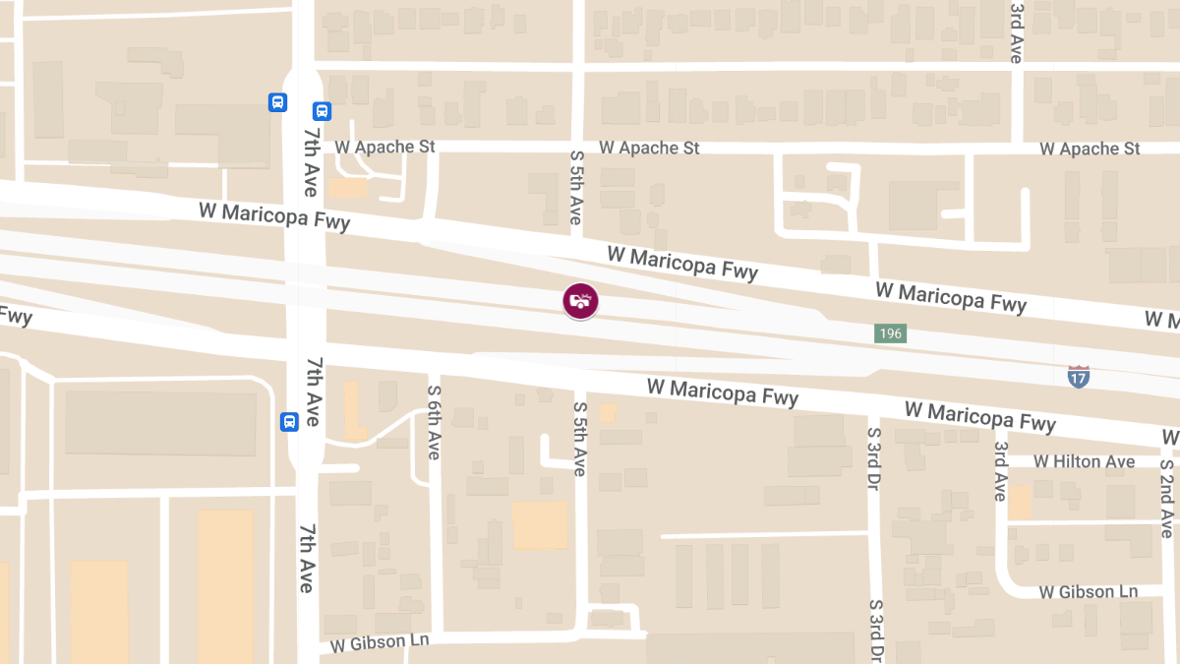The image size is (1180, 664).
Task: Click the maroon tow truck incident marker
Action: [x=580, y=301]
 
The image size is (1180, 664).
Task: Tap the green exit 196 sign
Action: [x=890, y=334]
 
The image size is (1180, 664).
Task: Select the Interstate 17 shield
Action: [x=1079, y=376]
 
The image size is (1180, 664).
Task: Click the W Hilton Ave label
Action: [x=1086, y=461]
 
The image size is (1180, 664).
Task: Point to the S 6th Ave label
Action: [x=434, y=422]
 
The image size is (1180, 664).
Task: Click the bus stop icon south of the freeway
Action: [x=289, y=421]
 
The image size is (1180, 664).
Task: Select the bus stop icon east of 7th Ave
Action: [x=322, y=112]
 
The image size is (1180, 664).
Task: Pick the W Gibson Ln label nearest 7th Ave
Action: [x=380, y=642]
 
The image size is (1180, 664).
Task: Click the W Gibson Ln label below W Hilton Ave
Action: [x=1089, y=592]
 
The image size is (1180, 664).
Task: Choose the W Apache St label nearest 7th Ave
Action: [x=384, y=147]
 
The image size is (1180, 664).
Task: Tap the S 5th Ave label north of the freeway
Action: [x=577, y=186]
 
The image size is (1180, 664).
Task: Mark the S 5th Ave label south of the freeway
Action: [x=579, y=439]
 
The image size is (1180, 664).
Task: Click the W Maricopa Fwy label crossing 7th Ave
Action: [x=274, y=215]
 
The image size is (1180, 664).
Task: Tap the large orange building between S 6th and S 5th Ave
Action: [x=539, y=525]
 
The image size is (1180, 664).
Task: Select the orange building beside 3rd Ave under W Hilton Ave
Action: [x=1019, y=502]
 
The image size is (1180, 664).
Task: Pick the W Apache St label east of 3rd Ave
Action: [x=1090, y=149]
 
